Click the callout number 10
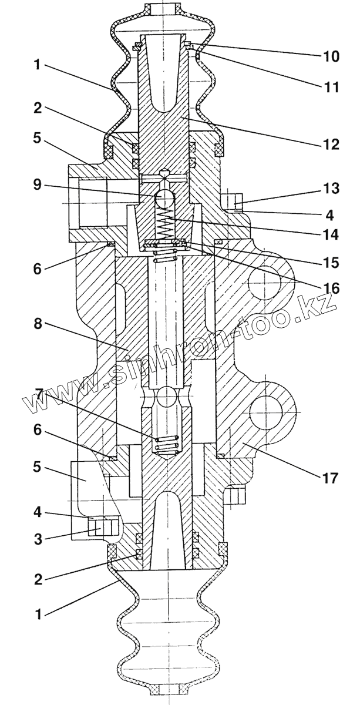tap(330, 56)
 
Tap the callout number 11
tap(330, 87)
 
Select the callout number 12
tap(330, 145)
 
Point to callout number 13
tap(330, 189)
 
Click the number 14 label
tap(330, 235)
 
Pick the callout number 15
tap(330, 263)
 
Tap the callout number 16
tap(330, 288)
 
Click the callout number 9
tap(38, 185)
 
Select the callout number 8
tap(38, 324)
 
